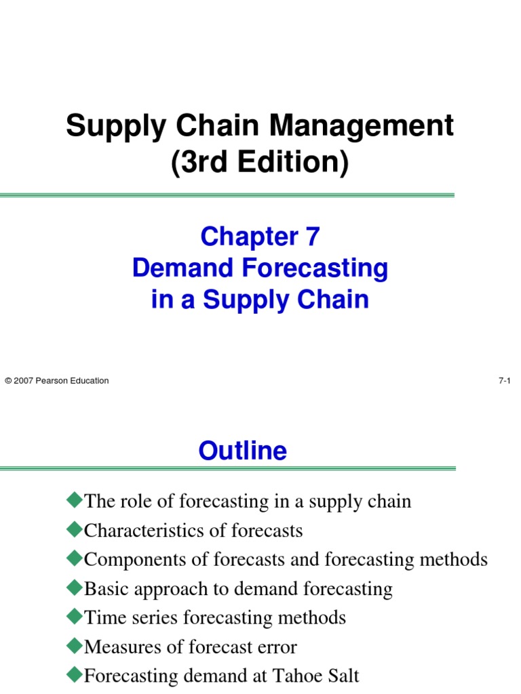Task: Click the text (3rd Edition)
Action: pos(260,163)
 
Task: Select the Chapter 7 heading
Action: pos(260,237)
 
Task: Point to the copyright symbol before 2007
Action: pos(7,381)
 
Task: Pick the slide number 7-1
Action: pos(504,381)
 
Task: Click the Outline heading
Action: pos(243,451)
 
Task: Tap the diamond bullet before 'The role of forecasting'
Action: pos(73,501)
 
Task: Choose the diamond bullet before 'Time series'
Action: pos(73,617)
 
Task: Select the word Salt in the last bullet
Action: pos(343,676)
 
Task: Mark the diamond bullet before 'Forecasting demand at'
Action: pos(73,675)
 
